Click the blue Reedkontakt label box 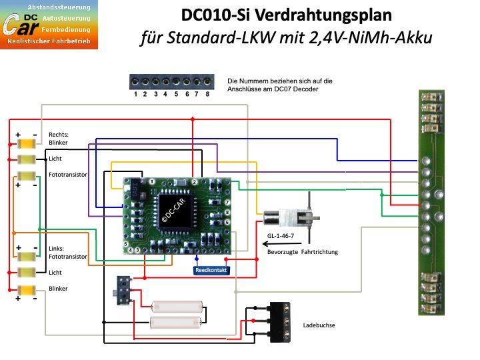pos(211,270)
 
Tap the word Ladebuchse pos(319,325)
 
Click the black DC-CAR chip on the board pos(174,210)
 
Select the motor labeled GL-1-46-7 pos(291,217)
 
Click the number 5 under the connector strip pos(176,94)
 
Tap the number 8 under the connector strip pos(207,94)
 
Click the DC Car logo pos(49,25)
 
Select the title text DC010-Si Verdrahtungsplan pos(286,15)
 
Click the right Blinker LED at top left pos(26,143)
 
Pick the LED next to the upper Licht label pos(26,159)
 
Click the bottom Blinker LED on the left pos(26,289)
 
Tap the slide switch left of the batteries pos(124,291)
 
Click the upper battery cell pos(177,307)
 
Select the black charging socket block pos(280,322)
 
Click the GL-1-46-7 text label pos(281,236)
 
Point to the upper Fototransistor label pos(68,175)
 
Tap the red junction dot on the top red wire pos(193,119)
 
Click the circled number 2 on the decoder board pos(195,182)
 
